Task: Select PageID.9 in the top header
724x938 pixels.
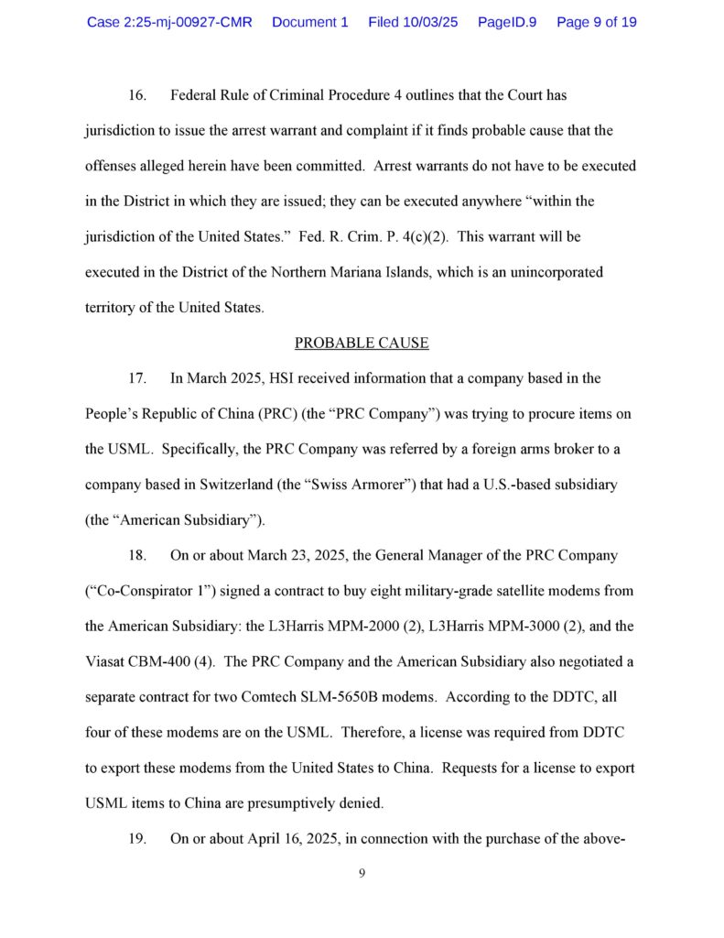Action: point(506,22)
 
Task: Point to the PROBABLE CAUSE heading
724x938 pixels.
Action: point(362,344)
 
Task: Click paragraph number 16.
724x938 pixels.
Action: point(136,95)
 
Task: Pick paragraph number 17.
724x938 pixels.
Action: point(136,378)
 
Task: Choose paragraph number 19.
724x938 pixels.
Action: point(136,838)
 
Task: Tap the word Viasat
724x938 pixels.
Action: point(106,661)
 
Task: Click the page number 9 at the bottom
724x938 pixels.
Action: point(362,873)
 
